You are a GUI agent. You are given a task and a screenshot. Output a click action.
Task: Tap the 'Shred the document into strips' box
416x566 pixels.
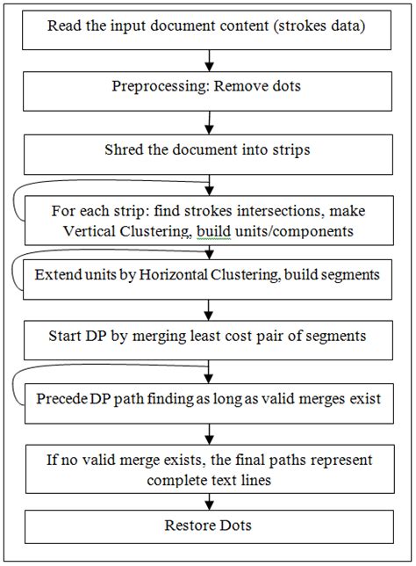point(208,150)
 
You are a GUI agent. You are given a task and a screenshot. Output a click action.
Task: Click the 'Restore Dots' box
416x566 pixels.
point(208,526)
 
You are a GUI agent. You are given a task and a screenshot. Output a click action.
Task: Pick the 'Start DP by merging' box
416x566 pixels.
point(208,335)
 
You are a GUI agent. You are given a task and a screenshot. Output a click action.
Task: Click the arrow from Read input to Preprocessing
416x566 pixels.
point(209,60)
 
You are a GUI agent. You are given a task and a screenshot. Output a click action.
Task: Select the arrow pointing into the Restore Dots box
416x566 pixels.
point(209,500)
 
